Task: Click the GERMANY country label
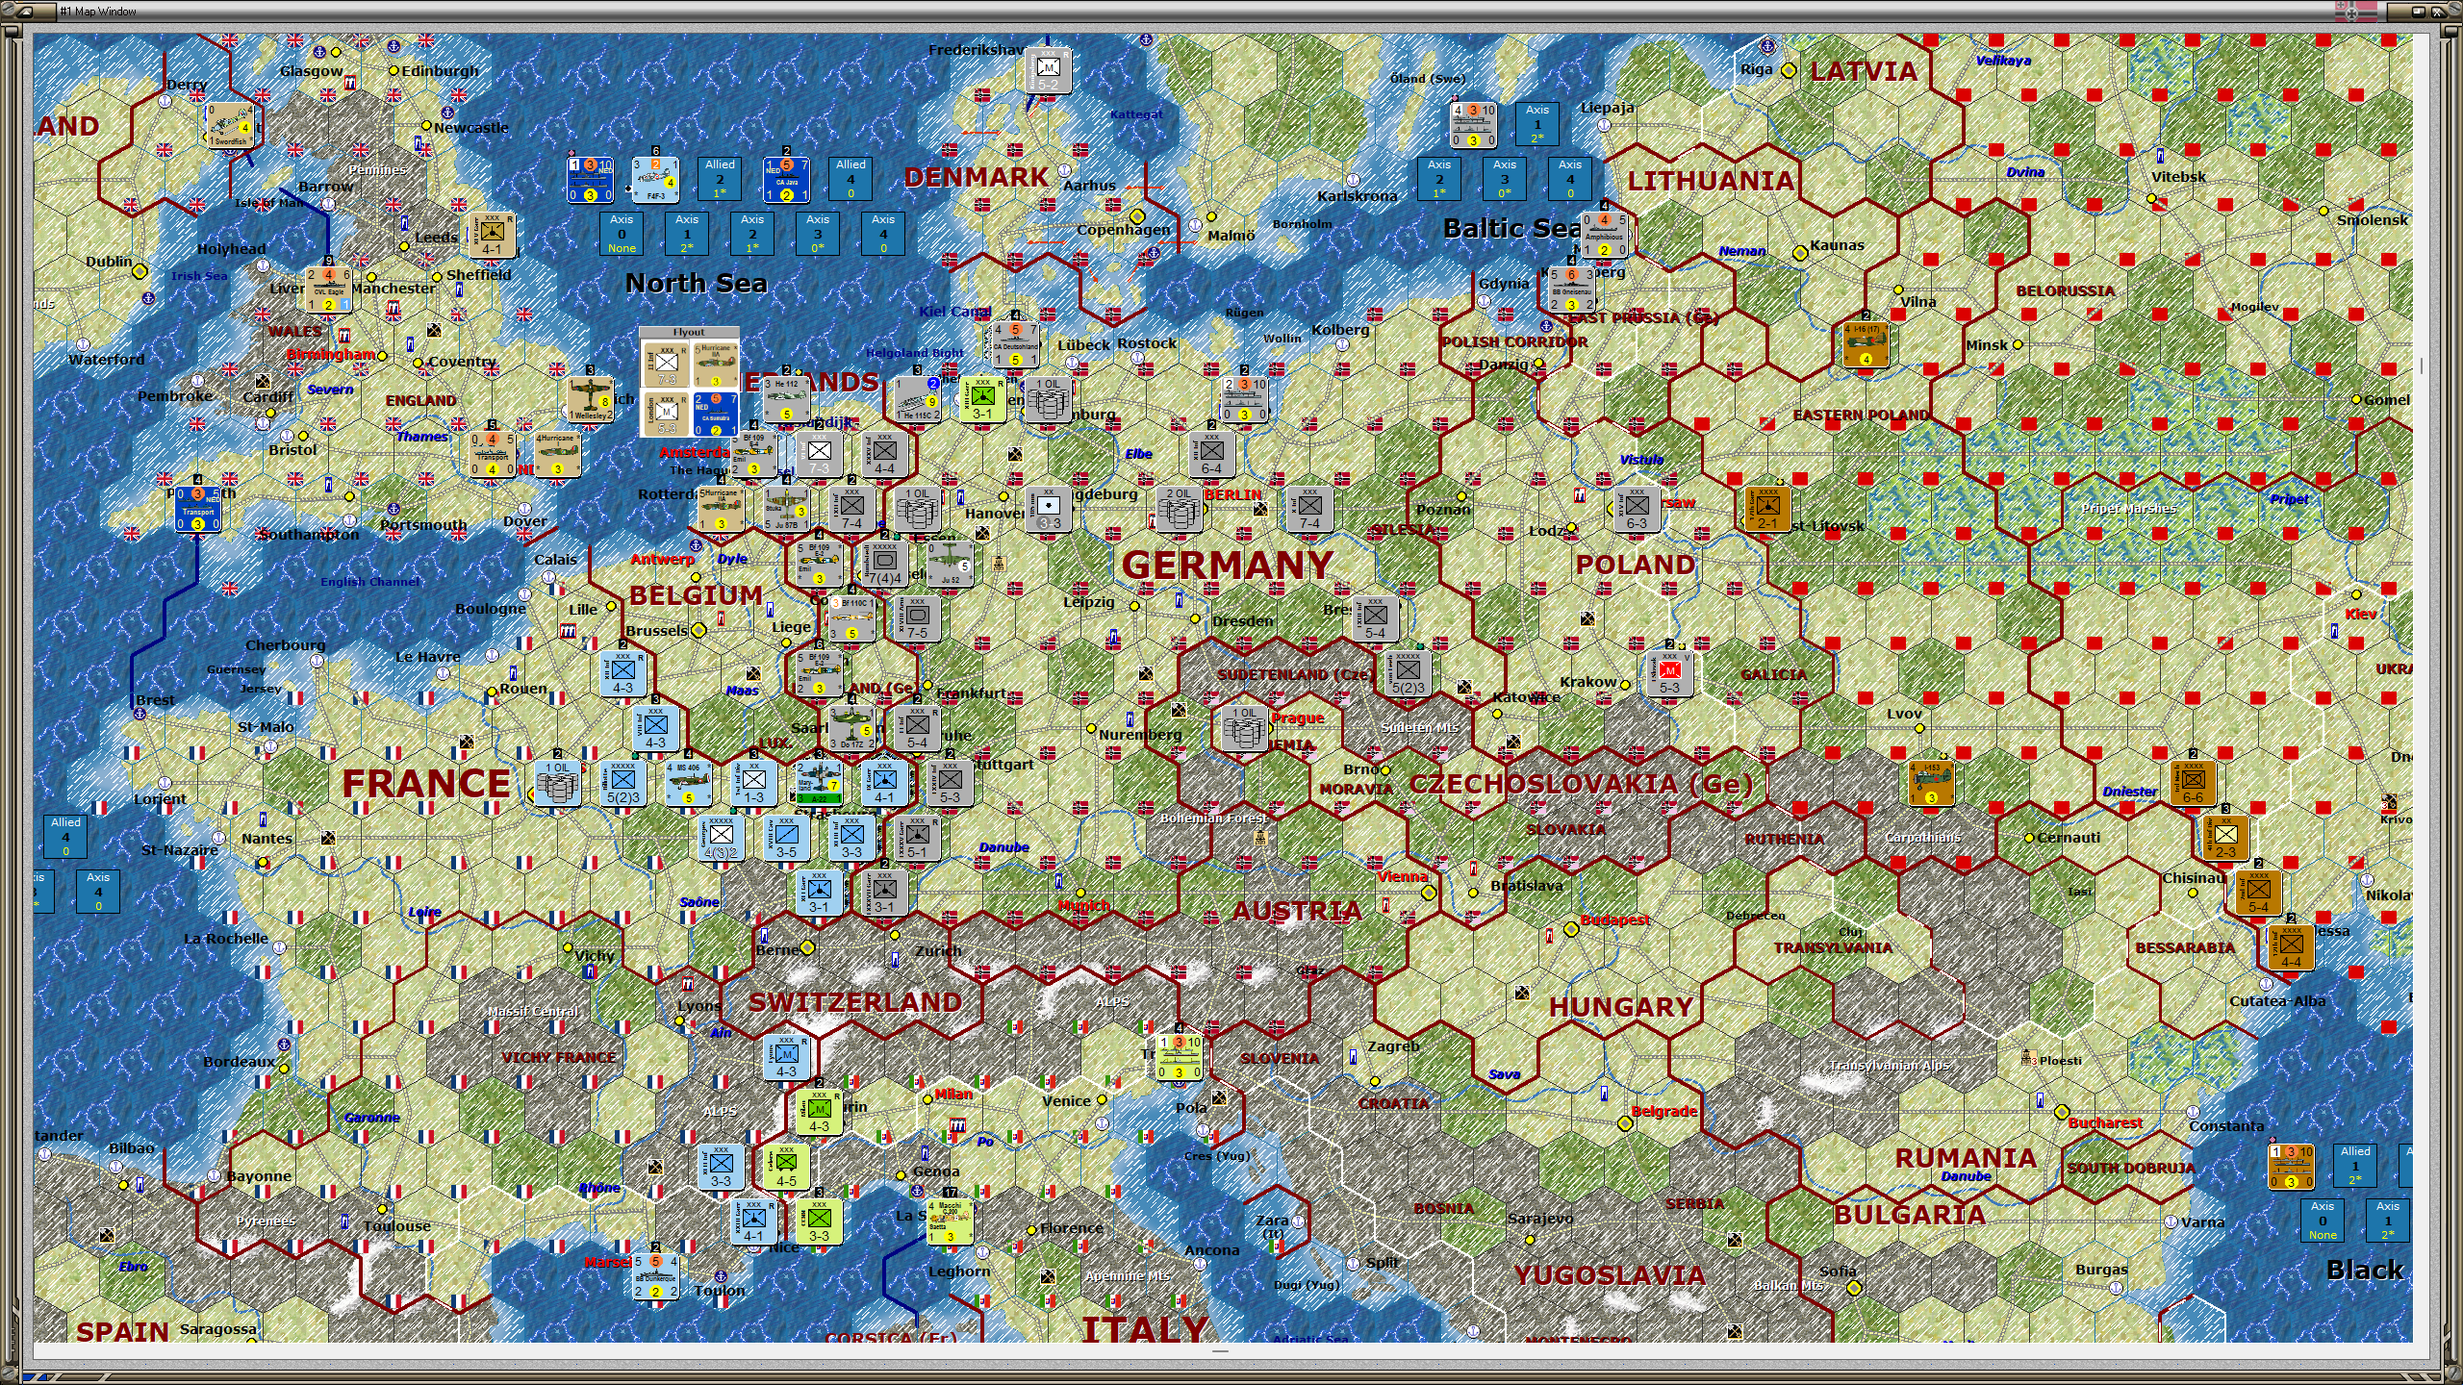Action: coord(1228,566)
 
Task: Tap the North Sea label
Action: coord(696,283)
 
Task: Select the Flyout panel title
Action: coord(689,332)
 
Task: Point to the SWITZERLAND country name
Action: coord(854,1002)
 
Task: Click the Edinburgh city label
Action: coord(440,71)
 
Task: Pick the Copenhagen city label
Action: coord(1123,230)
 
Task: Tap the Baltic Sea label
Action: coord(1511,228)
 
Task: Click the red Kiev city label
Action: coord(2360,614)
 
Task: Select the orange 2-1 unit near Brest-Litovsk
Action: coord(1767,508)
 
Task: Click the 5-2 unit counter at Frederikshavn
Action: coord(1048,70)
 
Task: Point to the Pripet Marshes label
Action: coord(2128,508)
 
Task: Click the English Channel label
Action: coord(369,582)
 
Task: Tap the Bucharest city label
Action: coord(2104,1122)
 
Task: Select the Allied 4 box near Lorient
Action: coord(65,836)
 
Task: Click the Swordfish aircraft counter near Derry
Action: coord(230,126)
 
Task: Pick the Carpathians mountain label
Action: coord(1921,837)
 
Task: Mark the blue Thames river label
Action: coord(421,437)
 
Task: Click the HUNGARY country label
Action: coord(1621,1007)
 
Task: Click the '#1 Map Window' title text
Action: coord(98,12)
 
